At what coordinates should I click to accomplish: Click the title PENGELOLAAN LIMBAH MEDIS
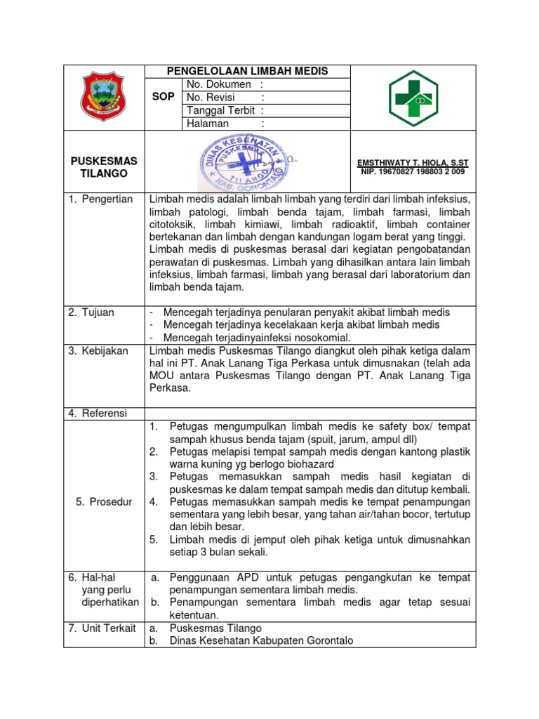click(x=247, y=71)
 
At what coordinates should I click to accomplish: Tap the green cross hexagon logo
click(x=413, y=98)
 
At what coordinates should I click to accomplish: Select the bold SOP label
click(x=163, y=98)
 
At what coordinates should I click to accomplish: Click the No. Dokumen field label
click(x=219, y=84)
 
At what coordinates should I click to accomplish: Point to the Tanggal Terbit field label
click(x=220, y=110)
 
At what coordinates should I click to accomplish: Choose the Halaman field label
click(x=208, y=124)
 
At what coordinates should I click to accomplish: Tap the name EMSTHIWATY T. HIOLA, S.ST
click(x=413, y=162)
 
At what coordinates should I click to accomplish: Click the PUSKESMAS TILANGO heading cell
click(x=104, y=167)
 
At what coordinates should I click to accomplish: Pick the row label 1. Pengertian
click(x=101, y=199)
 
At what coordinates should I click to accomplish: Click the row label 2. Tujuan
click(x=91, y=312)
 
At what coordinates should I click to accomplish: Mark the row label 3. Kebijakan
click(x=98, y=350)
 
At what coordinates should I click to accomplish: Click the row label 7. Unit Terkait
click(x=102, y=628)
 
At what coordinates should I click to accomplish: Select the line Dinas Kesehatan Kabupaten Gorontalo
click(x=262, y=640)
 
